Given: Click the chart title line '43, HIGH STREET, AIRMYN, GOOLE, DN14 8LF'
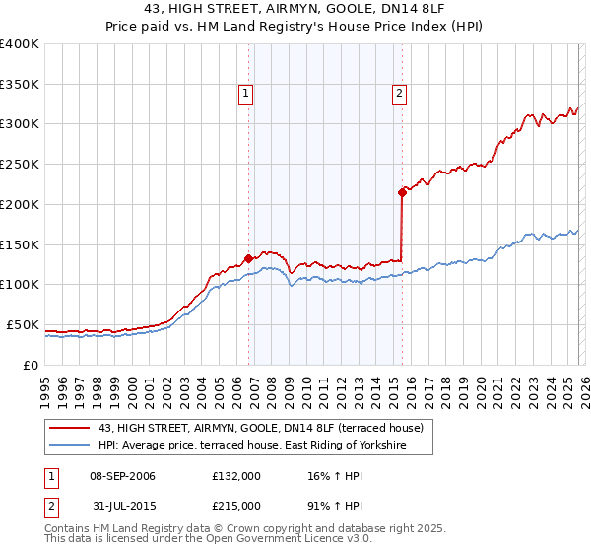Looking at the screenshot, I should pyautogui.click(x=295, y=11).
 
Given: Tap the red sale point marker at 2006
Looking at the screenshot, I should pyautogui.click(x=248, y=258).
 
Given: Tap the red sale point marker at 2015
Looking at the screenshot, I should pyautogui.click(x=402, y=192).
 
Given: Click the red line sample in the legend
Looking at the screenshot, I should pyautogui.click(x=69, y=428).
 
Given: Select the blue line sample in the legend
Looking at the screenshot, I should pyautogui.click(x=69, y=446).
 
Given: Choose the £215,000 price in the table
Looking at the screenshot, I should pyautogui.click(x=236, y=505).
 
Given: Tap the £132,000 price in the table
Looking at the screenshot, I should pyautogui.click(x=236, y=476).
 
